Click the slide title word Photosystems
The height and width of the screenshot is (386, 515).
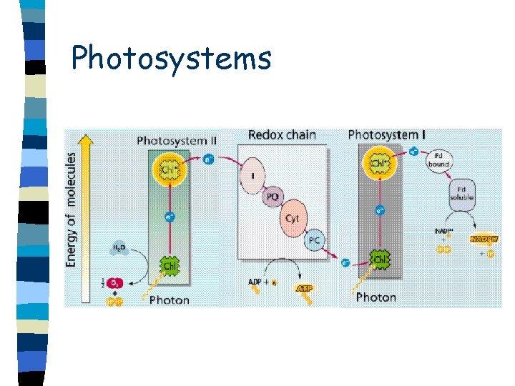tap(171, 57)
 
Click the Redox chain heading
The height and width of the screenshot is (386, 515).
tap(283, 134)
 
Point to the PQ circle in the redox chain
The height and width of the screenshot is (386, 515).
tap(273, 196)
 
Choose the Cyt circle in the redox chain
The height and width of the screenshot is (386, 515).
tap(292, 218)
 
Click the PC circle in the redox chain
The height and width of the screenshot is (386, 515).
tap(313, 240)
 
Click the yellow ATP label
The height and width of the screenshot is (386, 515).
tap(305, 287)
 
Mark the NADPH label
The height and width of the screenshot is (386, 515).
tap(484, 238)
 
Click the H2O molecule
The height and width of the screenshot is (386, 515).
tap(119, 248)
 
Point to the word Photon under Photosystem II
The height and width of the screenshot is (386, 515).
tap(170, 300)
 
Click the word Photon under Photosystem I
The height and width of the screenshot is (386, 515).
tap(376, 297)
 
